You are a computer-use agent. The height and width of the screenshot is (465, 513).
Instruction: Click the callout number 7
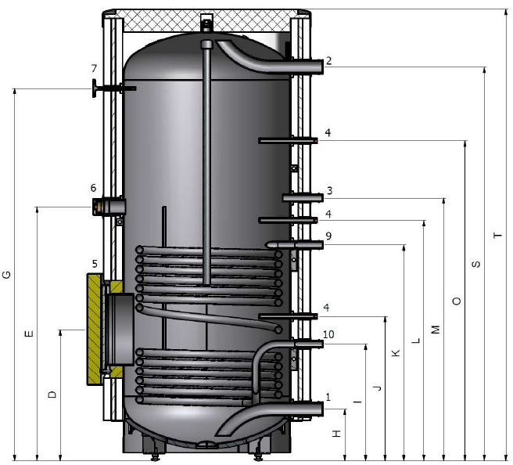(x=94, y=68)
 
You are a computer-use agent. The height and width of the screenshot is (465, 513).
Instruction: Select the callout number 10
(x=328, y=334)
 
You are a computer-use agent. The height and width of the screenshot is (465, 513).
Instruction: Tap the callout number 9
(x=328, y=236)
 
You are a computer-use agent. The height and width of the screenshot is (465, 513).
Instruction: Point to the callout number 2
(x=328, y=60)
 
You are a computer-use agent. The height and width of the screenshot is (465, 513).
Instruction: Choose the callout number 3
(x=329, y=190)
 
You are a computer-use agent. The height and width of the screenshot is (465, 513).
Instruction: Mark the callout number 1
(x=328, y=397)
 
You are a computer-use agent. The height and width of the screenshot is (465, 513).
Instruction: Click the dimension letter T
(x=497, y=235)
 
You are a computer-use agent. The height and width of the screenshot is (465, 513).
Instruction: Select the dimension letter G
(x=6, y=275)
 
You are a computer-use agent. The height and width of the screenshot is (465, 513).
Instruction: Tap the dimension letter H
(x=336, y=434)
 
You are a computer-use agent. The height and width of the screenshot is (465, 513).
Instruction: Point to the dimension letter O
(x=457, y=301)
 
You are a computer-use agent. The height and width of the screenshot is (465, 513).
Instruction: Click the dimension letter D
(x=52, y=395)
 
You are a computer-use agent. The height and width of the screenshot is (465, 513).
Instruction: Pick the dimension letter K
(x=396, y=353)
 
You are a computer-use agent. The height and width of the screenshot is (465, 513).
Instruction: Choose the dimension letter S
(x=476, y=264)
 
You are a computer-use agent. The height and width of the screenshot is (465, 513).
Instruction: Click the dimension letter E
(x=29, y=333)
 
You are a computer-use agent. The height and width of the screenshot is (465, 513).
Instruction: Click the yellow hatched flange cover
(x=95, y=329)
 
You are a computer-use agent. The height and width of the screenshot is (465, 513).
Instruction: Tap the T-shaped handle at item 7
(x=95, y=88)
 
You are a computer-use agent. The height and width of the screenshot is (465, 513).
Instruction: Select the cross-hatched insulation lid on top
(x=206, y=20)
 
